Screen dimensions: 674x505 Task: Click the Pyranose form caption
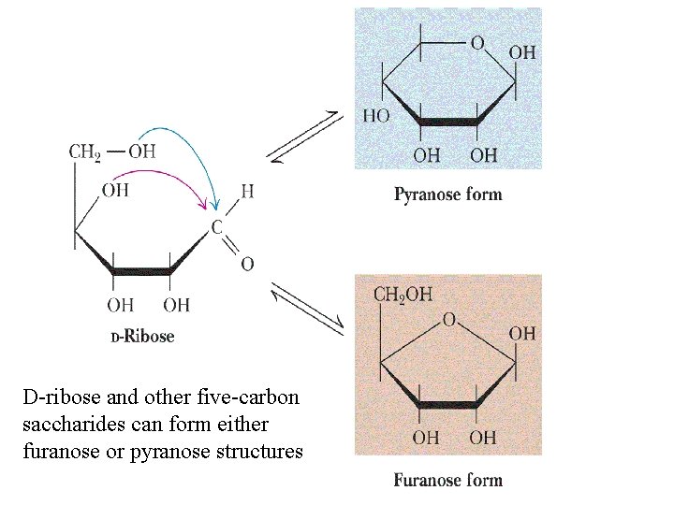447,195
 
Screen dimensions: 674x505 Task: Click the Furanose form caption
447,481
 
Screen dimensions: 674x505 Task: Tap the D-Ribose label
142,336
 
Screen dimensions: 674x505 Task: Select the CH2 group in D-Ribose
84,151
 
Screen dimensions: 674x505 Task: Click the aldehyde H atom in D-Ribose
246,192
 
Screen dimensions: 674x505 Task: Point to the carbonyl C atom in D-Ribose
216,227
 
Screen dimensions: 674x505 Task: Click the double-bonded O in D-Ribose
246,265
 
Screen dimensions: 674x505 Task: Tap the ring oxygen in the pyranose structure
477,43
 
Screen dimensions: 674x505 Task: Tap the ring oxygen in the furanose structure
449,320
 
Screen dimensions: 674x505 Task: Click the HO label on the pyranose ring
376,116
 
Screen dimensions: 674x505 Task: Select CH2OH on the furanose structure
403,295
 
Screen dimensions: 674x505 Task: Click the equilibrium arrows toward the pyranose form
307,136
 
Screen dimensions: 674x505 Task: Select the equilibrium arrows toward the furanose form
307,308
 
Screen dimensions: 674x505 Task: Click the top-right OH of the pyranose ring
522,52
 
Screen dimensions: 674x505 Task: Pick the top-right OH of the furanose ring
522,333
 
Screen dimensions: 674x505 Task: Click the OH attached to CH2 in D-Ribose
142,151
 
